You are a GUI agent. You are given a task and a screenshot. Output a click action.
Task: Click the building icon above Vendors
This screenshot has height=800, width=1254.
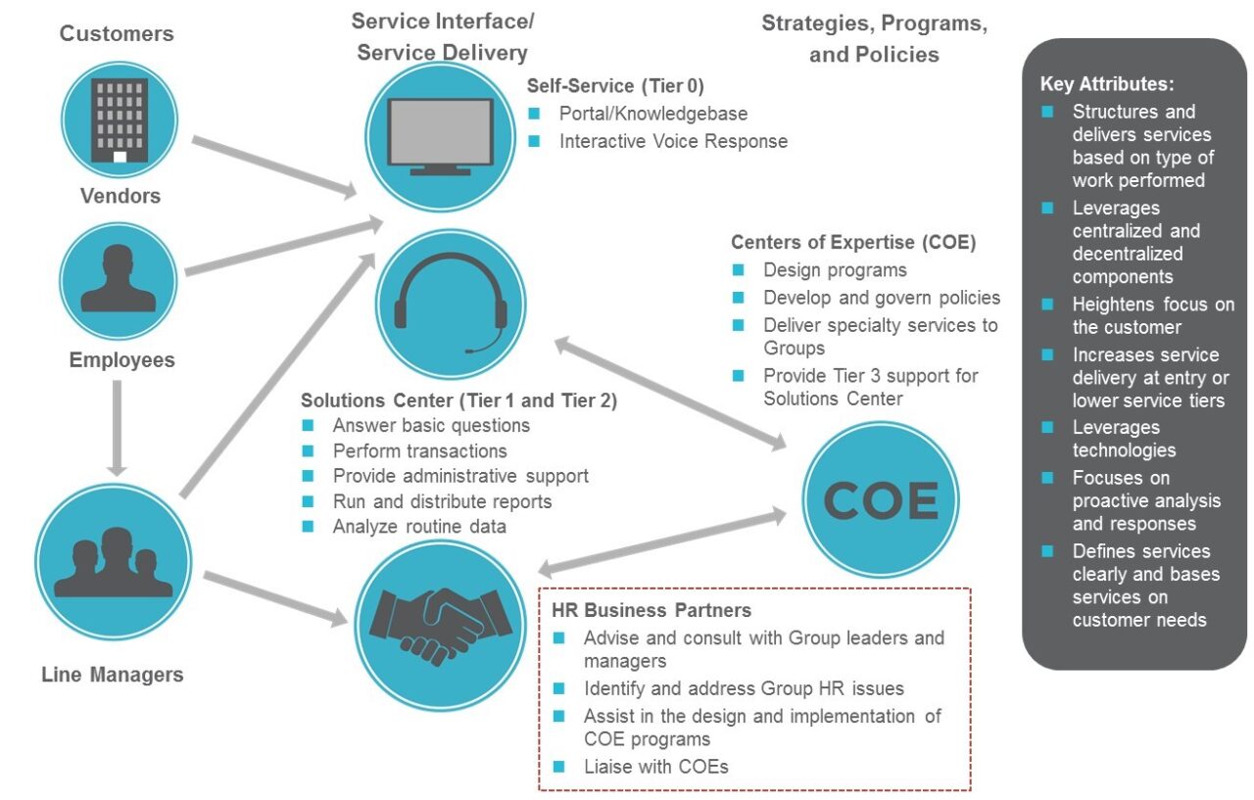point(119,119)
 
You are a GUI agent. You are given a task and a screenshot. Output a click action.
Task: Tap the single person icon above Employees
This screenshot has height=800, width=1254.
point(118,279)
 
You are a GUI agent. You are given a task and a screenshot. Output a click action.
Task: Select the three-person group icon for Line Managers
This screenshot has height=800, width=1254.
point(113,561)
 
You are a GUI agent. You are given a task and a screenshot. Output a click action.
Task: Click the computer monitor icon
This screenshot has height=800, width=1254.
point(440,136)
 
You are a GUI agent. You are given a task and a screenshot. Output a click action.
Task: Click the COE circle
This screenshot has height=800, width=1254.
point(880,502)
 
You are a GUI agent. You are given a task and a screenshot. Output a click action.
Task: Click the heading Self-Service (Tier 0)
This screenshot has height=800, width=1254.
point(615,85)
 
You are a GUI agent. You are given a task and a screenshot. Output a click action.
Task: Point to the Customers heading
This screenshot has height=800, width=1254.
point(117,33)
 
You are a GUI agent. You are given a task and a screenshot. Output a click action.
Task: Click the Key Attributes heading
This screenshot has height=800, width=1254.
point(1106,84)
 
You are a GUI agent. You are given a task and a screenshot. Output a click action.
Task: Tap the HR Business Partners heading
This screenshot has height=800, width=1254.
point(652,610)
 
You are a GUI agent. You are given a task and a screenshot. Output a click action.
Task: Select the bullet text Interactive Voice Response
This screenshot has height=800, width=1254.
point(673,141)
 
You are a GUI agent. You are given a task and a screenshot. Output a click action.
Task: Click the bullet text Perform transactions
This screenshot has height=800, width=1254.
point(419,450)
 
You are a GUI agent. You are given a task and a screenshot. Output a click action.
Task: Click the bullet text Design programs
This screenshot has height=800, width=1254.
point(835,270)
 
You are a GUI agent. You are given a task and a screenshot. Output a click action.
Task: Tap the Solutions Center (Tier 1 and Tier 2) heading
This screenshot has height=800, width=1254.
point(458,400)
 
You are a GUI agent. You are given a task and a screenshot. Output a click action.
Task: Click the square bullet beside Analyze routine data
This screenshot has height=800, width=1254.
point(309,527)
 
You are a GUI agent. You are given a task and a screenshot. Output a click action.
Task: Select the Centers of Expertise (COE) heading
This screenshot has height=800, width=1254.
point(853,242)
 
